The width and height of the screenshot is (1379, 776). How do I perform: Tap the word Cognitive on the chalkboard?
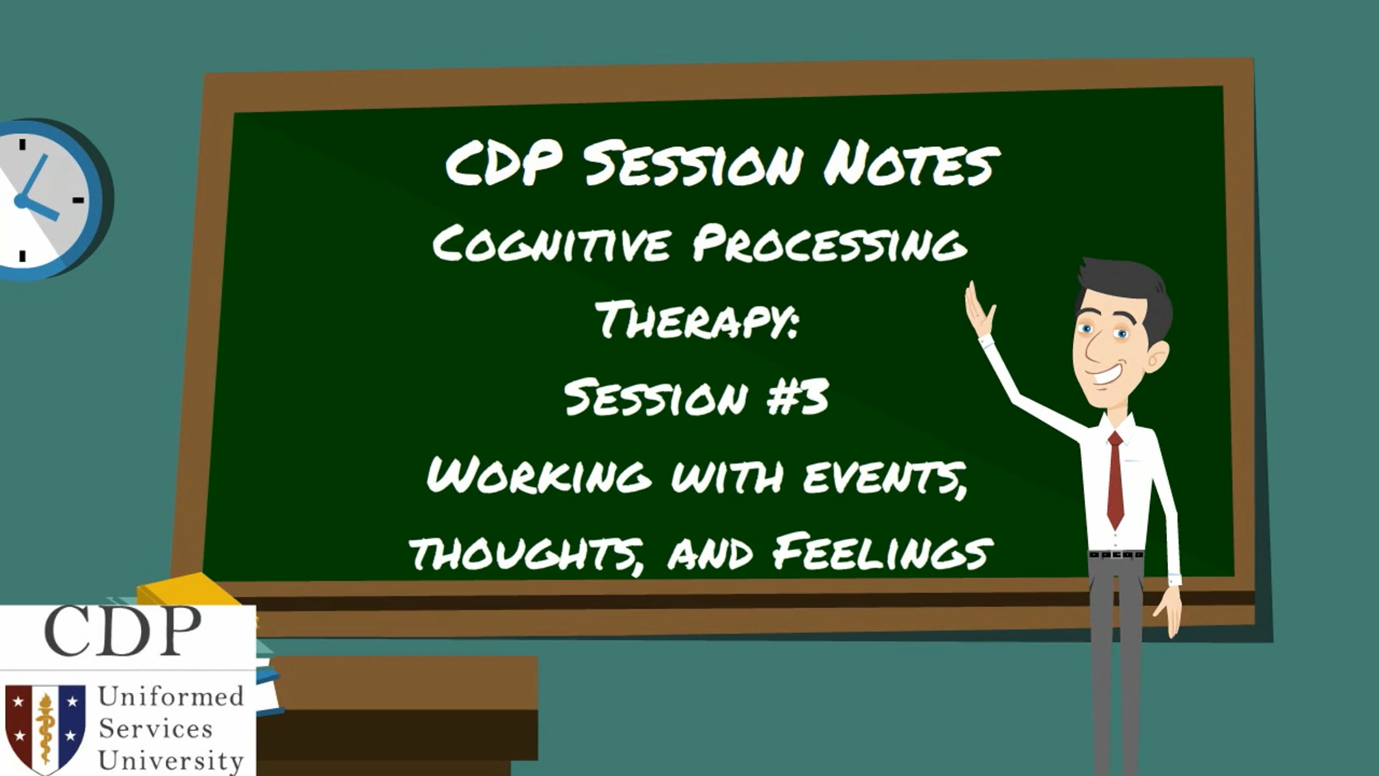click(x=552, y=244)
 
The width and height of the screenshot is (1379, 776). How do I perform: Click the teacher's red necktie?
click(x=1115, y=479)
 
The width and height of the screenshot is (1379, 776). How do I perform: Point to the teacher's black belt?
click(x=1116, y=555)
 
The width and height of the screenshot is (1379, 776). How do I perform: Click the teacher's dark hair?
click(x=1126, y=290)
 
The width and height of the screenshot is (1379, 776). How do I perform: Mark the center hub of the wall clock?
click(x=22, y=201)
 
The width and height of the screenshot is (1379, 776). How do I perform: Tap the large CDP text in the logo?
click(x=122, y=631)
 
